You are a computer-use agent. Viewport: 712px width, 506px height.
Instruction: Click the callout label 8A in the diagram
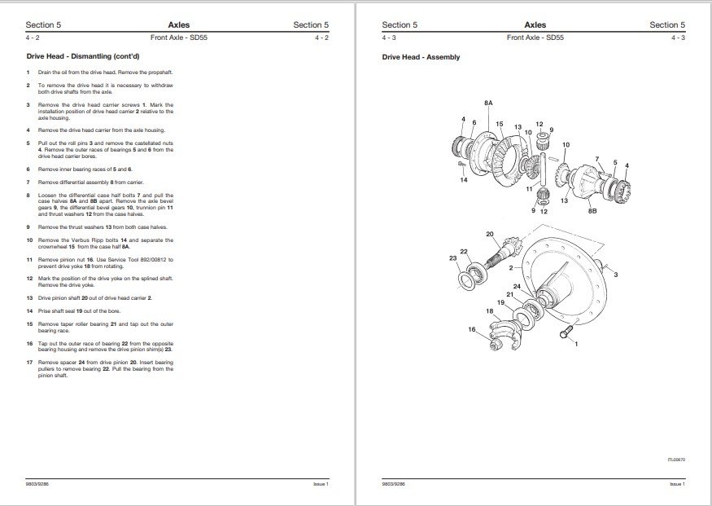487,104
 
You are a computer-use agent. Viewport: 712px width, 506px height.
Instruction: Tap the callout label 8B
592,210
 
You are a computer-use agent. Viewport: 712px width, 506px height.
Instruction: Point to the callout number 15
499,124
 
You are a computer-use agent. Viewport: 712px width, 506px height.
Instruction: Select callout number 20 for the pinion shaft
489,234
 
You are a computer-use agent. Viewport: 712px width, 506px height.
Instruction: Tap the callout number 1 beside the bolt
577,345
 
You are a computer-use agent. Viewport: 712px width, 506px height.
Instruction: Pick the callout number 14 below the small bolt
464,179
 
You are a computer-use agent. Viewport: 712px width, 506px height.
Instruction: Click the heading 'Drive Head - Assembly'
421,57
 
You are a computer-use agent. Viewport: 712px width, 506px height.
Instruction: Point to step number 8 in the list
28,196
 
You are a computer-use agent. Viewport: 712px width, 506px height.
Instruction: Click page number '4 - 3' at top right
678,37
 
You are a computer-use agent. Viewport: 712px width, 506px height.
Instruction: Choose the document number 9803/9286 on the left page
39,485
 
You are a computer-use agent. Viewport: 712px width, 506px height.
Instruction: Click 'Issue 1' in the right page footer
676,485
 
